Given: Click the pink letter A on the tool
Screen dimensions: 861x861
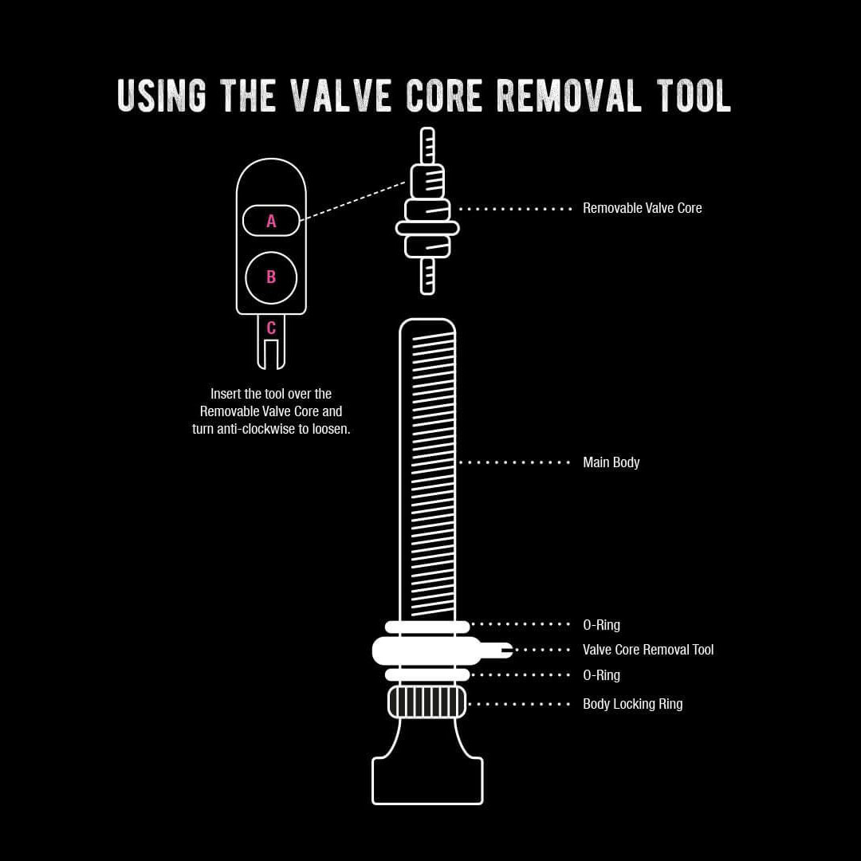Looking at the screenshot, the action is click(x=271, y=222).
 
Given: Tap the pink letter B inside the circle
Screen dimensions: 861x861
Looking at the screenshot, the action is click(x=271, y=277).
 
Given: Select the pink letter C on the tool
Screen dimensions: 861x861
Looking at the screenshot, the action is click(x=271, y=328).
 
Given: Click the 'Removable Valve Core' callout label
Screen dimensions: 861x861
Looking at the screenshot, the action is click(x=642, y=208).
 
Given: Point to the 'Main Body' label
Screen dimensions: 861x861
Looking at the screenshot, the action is click(x=611, y=462).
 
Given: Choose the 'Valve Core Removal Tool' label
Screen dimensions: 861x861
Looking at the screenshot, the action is click(x=648, y=650).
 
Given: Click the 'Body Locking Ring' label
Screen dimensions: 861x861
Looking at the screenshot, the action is click(x=632, y=704).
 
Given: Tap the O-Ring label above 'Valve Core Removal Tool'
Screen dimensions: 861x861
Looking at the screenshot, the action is click(x=601, y=625).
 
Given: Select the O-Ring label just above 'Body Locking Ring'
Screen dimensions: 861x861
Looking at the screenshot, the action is click(x=601, y=675).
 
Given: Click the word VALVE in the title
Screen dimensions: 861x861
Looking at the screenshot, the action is click(x=340, y=96).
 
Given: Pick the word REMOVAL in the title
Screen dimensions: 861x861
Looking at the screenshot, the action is click(x=569, y=96).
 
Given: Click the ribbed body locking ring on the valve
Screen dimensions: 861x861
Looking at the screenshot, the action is click(x=427, y=702).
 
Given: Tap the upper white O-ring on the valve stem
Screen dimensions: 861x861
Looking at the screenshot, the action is click(x=427, y=627).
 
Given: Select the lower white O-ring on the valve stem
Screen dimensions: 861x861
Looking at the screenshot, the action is click(x=427, y=674).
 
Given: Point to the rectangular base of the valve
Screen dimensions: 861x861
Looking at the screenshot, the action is click(x=427, y=780).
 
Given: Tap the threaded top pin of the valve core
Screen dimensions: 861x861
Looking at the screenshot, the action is click(x=427, y=146).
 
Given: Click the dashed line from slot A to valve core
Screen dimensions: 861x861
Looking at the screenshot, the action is click(x=355, y=201).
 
